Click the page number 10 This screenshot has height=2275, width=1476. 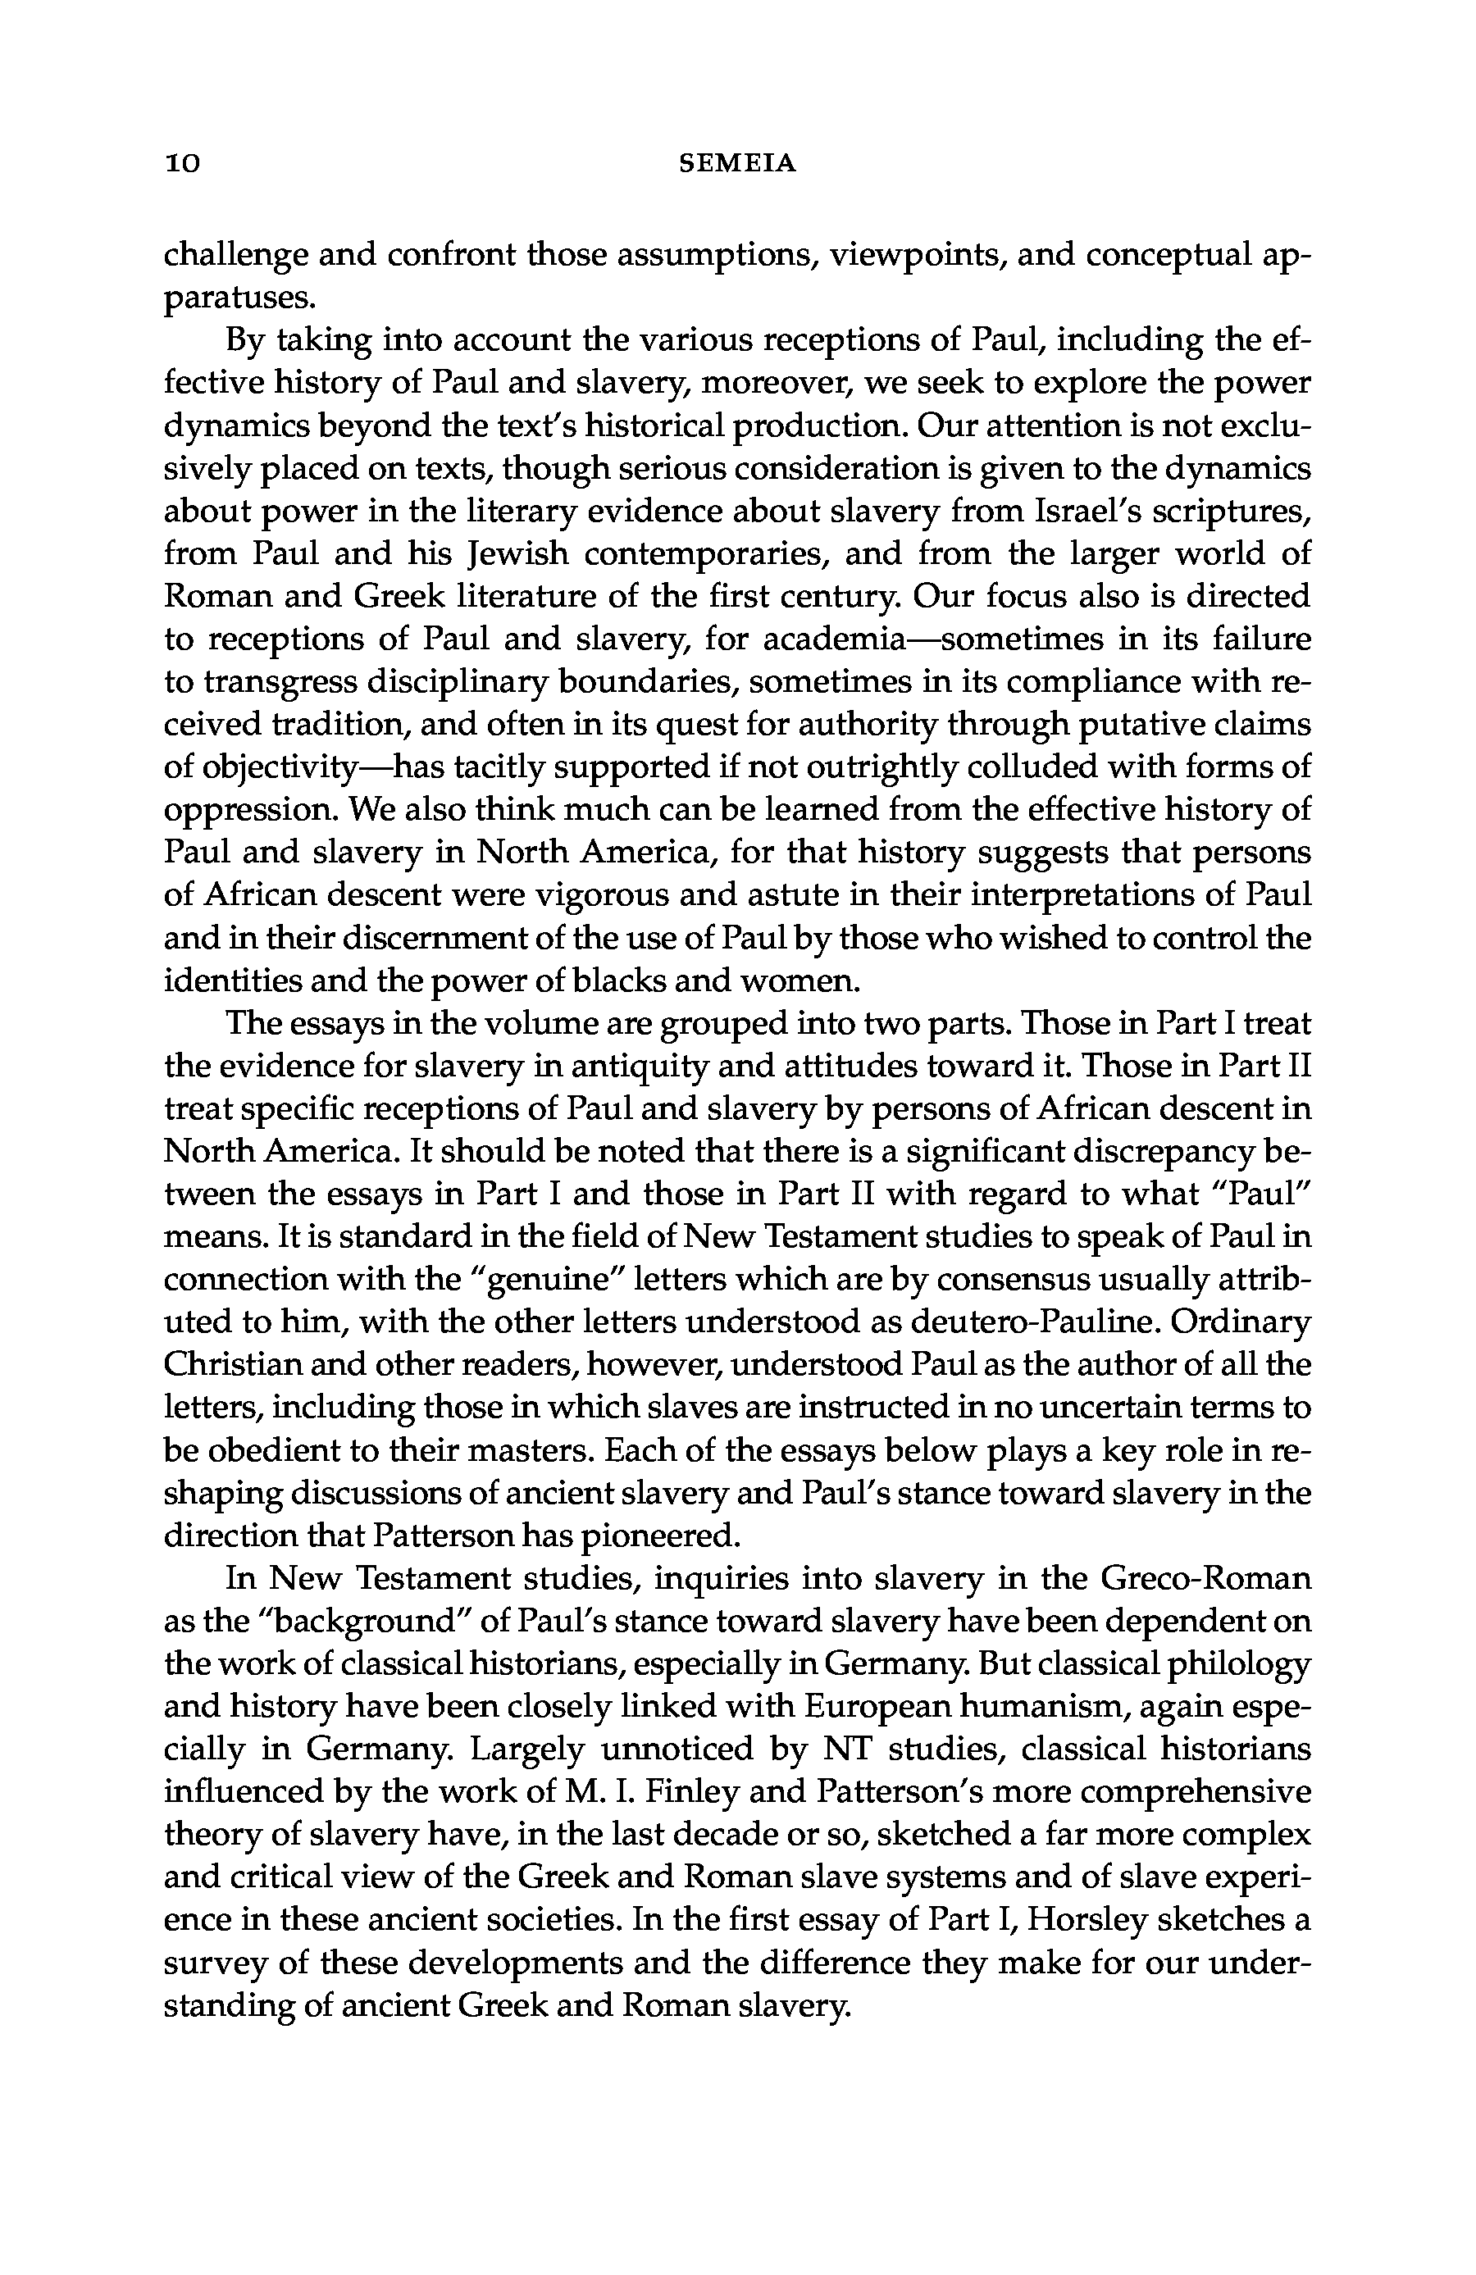pyautogui.click(x=182, y=165)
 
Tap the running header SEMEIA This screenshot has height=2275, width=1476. pyautogui.click(x=737, y=165)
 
